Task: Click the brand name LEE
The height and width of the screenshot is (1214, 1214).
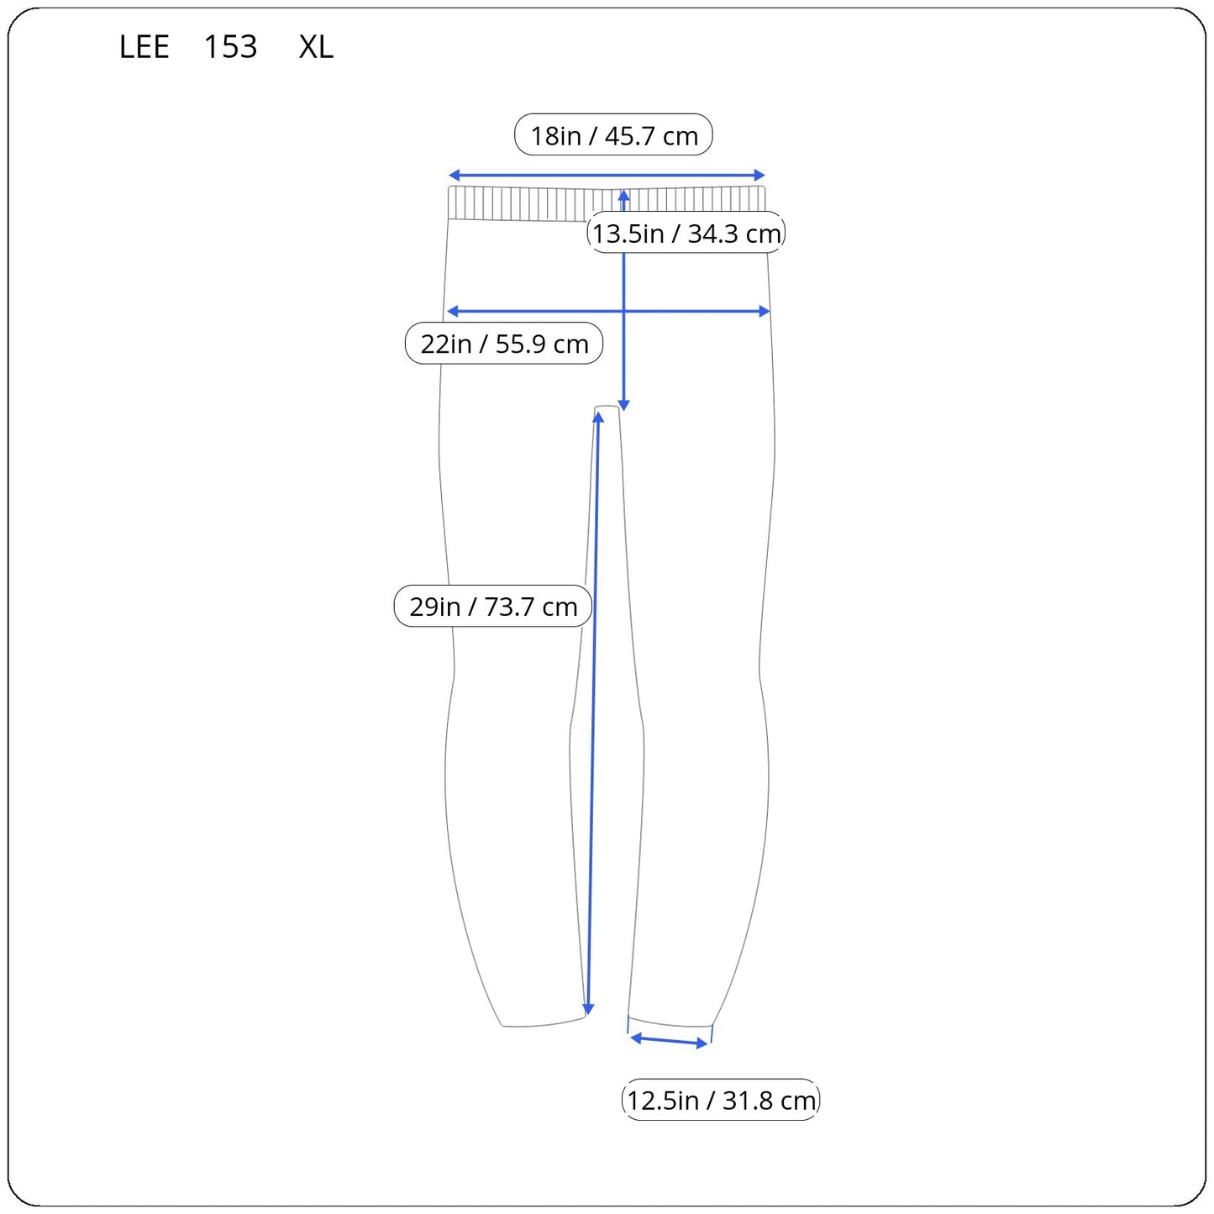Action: point(144,47)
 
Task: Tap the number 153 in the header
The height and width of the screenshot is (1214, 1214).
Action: point(230,47)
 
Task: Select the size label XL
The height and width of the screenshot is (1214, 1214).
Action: point(316,47)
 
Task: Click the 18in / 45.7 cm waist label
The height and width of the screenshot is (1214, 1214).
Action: point(613,134)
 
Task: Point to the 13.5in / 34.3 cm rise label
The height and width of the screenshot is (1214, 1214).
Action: point(686,233)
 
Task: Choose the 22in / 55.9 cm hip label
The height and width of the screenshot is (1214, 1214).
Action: point(504,344)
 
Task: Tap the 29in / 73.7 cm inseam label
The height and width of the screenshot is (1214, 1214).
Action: point(492,606)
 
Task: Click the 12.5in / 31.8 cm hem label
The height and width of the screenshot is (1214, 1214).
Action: point(721,1101)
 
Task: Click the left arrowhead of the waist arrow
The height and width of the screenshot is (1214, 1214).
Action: point(454,175)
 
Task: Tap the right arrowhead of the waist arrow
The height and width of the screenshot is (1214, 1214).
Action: point(759,175)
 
